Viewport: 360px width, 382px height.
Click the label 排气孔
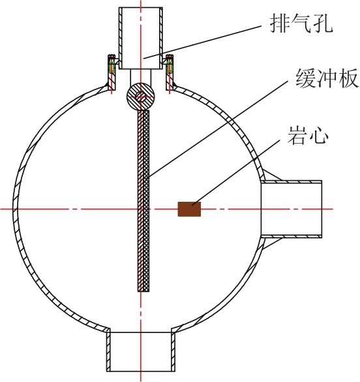click(301, 23)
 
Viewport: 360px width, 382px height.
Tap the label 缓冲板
click(327, 78)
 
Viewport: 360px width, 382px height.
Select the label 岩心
click(308, 135)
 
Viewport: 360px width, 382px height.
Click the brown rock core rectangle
click(189, 209)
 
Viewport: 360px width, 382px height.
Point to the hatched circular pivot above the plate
click(140, 97)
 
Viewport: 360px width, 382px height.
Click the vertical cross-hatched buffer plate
click(143, 200)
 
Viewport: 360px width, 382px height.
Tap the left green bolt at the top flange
click(112, 67)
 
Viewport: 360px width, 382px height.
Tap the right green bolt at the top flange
click(170, 67)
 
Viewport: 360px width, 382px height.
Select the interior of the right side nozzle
click(292, 209)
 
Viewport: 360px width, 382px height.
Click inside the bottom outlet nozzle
click(141, 351)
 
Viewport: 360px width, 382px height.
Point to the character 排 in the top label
click(280, 23)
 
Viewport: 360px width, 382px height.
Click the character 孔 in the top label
click(323, 23)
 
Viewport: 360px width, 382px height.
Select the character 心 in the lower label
click(319, 135)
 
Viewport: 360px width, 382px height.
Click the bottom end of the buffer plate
click(143, 291)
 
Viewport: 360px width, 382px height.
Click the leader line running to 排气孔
click(202, 42)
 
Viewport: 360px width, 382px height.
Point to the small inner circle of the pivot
click(140, 97)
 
